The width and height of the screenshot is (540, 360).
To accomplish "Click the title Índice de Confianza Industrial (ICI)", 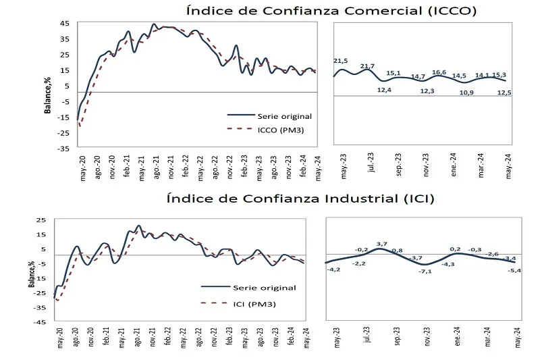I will click(x=300, y=199).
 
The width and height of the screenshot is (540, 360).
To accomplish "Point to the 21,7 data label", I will click(x=368, y=66).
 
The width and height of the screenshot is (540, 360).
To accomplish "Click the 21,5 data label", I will click(x=341, y=61).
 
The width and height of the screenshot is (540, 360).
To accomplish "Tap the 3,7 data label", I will click(x=381, y=243).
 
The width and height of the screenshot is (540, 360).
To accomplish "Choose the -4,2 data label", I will click(x=333, y=270).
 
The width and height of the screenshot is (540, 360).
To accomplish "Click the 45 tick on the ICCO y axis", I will click(x=65, y=23).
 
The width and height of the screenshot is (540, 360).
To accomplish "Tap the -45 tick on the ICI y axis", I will click(x=42, y=322).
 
